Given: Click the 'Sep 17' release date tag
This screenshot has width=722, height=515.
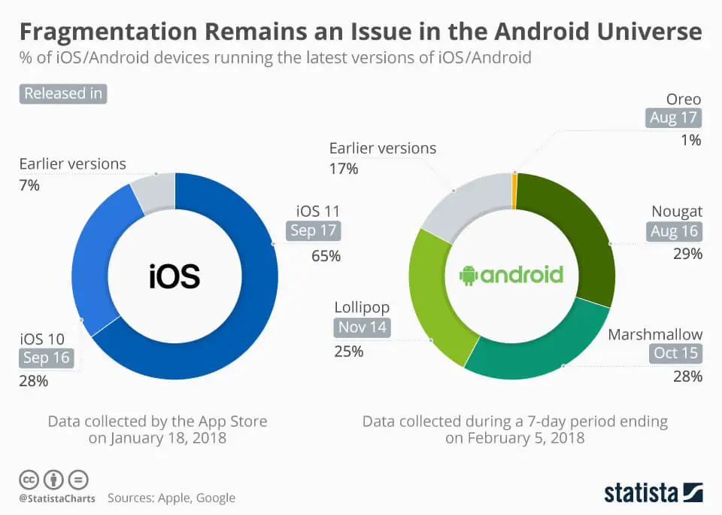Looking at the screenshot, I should (313, 230).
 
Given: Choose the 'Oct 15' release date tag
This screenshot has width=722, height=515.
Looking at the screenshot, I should (676, 352).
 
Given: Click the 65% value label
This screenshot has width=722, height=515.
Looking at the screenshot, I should (326, 256).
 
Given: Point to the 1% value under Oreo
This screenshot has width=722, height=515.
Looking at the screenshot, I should (690, 140).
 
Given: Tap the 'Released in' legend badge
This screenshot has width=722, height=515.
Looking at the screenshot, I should (63, 94).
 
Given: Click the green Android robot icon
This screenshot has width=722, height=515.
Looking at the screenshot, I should (469, 275).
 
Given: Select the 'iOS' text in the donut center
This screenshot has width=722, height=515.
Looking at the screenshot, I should (174, 276).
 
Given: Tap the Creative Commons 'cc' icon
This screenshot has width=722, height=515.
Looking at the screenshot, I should (29, 479).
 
